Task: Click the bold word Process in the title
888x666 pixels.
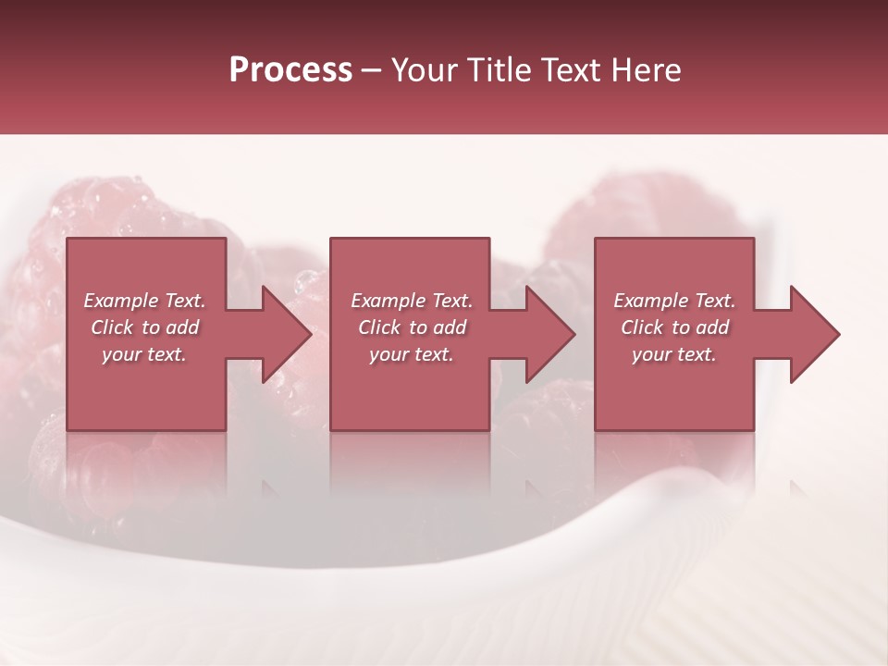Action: tap(290, 70)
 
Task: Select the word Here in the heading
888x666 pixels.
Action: tap(646, 70)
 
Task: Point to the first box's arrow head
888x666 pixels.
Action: tap(286, 334)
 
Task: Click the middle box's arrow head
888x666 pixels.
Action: tap(549, 334)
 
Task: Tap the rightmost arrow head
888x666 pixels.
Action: tap(814, 334)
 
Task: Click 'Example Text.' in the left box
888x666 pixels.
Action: tap(144, 301)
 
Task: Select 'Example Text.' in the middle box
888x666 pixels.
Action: tap(412, 301)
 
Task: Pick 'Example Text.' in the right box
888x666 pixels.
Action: tap(674, 301)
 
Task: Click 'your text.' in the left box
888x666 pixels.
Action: tap(144, 354)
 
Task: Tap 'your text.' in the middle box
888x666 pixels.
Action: tap(412, 354)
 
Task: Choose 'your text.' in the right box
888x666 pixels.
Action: tap(674, 354)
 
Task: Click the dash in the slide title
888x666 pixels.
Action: tap(372, 70)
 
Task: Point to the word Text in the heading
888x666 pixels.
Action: tap(570, 70)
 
